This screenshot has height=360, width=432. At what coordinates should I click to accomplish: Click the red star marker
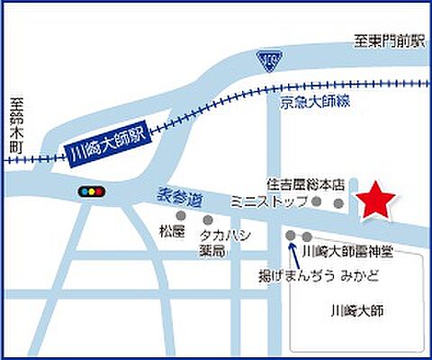tap(375, 202)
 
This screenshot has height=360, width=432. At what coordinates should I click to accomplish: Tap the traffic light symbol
tap(90, 192)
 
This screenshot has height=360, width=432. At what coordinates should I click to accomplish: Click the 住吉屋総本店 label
tap(305, 184)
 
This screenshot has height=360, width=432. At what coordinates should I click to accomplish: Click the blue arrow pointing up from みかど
tap(293, 252)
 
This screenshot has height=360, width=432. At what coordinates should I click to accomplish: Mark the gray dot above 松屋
tap(181, 216)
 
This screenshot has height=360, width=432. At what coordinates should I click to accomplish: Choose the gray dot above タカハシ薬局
tap(208, 220)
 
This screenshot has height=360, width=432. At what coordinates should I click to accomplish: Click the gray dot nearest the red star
tap(338, 204)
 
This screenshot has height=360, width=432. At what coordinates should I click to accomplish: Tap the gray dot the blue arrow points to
tap(290, 237)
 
